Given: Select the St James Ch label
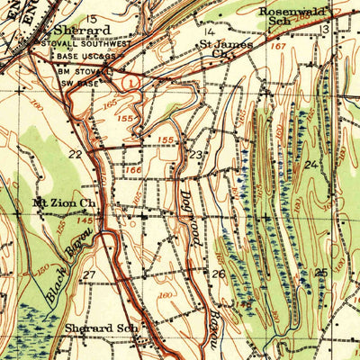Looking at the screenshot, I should coord(219,47).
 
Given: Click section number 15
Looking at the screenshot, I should coord(92,18).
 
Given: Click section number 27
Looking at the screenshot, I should coord(89,274).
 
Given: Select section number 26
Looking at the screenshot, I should coord(218,274).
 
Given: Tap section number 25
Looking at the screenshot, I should coord(321,272).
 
